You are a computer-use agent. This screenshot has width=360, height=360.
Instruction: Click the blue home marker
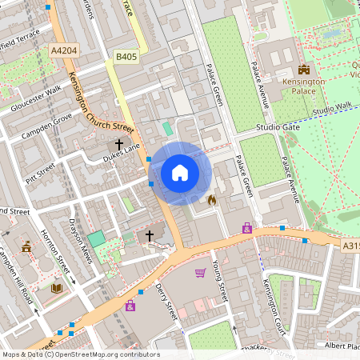(180, 173)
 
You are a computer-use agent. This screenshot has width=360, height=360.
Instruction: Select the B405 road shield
(126, 57)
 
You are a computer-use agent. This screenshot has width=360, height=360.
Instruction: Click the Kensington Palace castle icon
(303, 70)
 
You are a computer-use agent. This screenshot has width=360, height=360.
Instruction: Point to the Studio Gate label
(278, 127)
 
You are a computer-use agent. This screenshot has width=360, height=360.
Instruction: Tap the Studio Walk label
(332, 108)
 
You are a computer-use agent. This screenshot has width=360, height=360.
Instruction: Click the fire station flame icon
(212, 199)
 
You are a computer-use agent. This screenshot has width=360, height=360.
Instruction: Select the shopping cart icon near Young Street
(200, 273)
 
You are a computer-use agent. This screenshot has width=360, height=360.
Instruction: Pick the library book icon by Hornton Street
(56, 288)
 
